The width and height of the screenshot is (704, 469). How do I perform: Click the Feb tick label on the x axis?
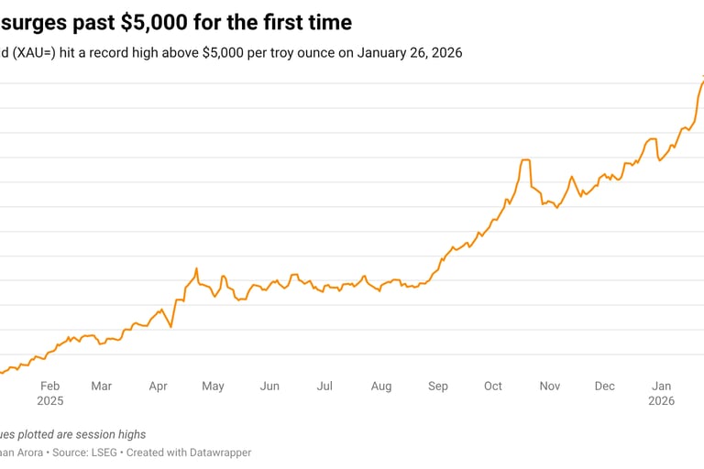point(50,386)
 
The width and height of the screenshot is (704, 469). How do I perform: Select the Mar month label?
point(102,386)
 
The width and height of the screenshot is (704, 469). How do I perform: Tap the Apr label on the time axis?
point(158,386)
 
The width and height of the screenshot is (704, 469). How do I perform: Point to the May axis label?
point(213,386)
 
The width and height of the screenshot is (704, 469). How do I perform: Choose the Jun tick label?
point(269,386)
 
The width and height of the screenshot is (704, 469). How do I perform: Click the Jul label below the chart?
point(324,386)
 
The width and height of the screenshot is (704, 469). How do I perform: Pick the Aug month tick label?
point(381,386)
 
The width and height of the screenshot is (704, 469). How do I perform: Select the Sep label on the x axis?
point(438,386)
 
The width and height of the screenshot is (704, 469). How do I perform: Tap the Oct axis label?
point(493,386)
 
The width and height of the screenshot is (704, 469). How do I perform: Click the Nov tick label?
point(550,386)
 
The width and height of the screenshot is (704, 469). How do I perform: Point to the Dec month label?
point(605,386)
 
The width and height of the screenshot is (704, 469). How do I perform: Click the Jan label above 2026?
point(661,386)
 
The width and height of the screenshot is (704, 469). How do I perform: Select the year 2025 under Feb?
point(50,401)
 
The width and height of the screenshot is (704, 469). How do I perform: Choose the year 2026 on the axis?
point(661,401)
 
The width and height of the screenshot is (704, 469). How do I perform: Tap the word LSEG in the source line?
point(107,453)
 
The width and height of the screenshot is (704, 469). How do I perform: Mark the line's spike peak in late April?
point(196,268)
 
